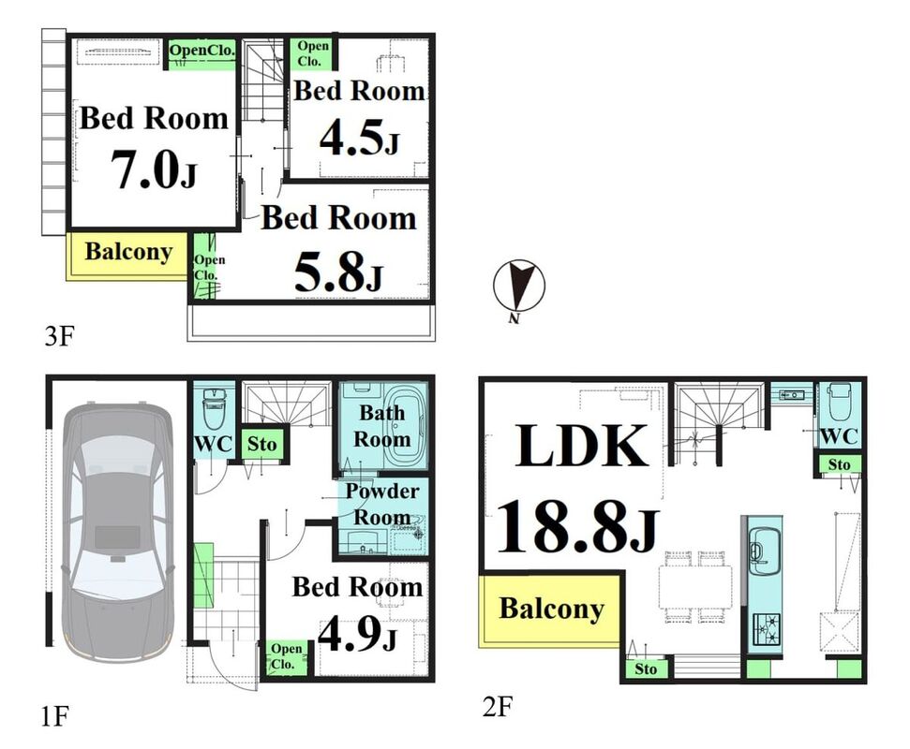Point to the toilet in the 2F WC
coord(839,402)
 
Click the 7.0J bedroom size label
coord(154,169)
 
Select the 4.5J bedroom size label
coord(359,138)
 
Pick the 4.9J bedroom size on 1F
coord(357,633)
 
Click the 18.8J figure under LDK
coord(578,527)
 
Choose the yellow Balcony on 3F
coord(127,257)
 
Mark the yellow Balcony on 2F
coord(551,609)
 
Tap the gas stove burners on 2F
coord(766,629)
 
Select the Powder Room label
coord(382,504)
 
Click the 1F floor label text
coord(55,716)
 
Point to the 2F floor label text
coord(498,706)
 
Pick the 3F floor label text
coord(60,335)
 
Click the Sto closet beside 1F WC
coord(261,444)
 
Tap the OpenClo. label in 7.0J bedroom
coord(202,51)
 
